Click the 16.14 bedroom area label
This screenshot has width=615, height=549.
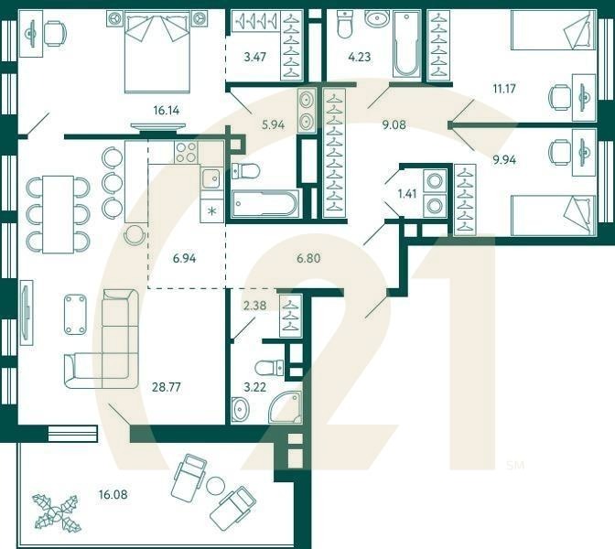[x=166, y=110]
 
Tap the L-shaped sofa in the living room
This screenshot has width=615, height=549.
[x=102, y=339]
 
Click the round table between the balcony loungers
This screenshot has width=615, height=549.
[x=216, y=486]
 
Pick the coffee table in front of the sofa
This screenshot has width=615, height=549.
[x=74, y=313]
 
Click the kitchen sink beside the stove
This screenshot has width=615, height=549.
[x=211, y=178]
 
